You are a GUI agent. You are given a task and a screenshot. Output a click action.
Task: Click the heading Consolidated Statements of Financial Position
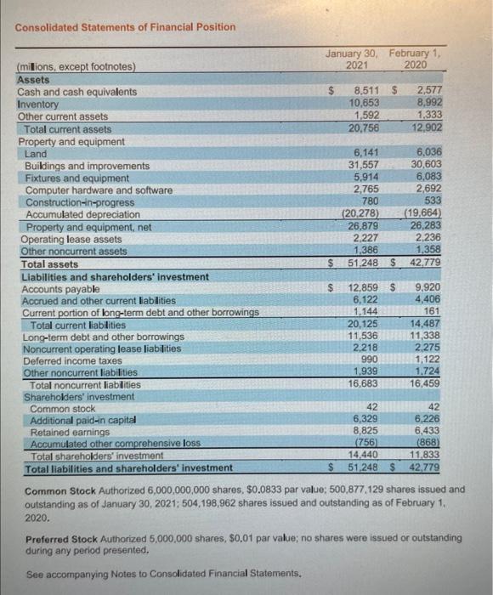(125, 26)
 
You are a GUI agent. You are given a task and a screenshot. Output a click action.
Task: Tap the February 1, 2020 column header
(417, 59)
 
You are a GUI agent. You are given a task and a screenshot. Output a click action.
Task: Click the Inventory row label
(39, 104)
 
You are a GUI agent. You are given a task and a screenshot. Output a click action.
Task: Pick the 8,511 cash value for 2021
(368, 92)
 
